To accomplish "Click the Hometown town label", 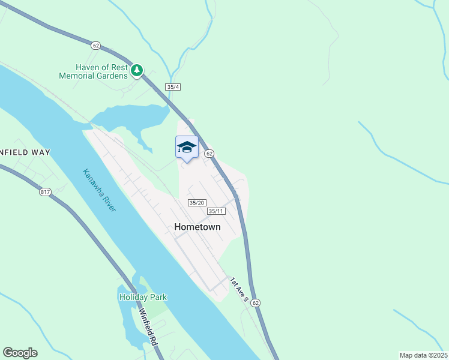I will tap(197, 227).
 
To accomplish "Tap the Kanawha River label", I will tap(99, 189).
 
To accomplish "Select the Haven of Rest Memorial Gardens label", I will tap(94, 71).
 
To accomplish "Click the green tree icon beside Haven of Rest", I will tap(137, 71).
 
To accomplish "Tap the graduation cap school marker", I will tap(187, 147).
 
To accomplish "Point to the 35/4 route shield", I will tap(173, 87).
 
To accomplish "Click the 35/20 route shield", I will tap(197, 203).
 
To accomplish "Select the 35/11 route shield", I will tap(216, 211).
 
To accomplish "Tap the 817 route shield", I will tap(45, 192).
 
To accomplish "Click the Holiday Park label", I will tap(143, 297).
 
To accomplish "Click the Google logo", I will tap(20, 353).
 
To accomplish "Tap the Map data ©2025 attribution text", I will tap(423, 355).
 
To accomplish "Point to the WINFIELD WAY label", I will tap(25, 152).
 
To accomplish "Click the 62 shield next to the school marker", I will tap(209, 154).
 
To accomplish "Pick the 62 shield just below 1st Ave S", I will tap(256, 303).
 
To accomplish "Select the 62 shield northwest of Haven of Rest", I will tap(95, 45).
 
